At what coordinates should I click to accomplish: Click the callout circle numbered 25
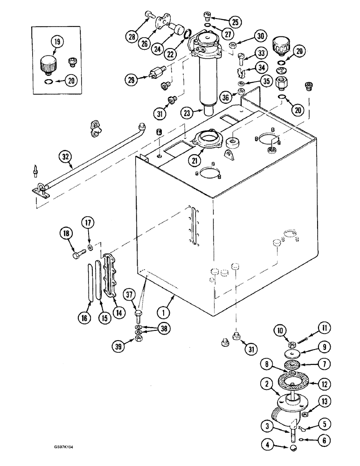[235, 21]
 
